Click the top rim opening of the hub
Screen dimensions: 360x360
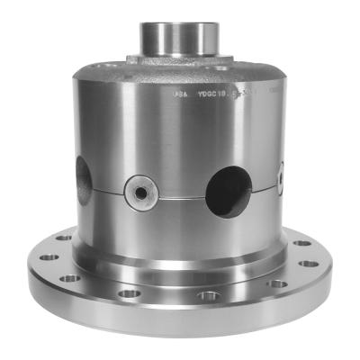click(181, 17)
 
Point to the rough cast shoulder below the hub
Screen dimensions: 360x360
click(180, 60)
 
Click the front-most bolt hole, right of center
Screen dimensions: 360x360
click(210, 295)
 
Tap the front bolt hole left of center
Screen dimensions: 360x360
click(130, 292)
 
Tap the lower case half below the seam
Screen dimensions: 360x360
click(180, 229)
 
